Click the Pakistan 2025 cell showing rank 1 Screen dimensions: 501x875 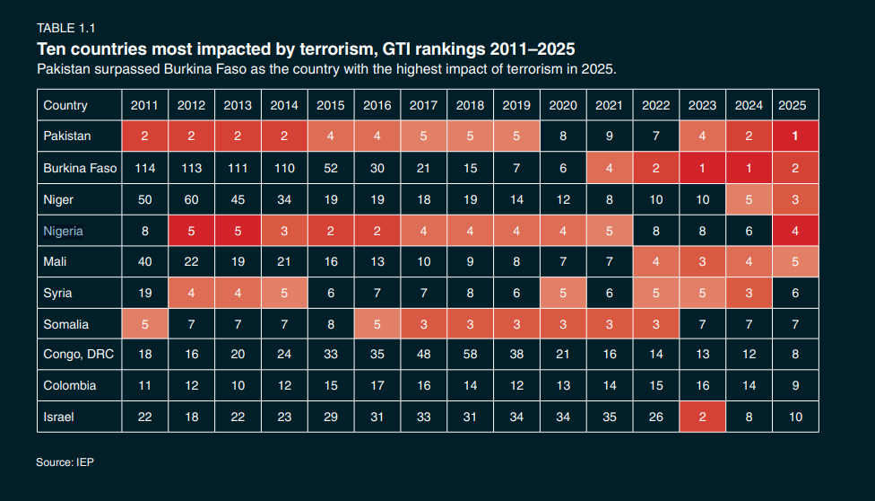point(793,136)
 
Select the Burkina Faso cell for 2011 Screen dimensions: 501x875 point(144,168)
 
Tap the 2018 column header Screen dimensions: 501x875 point(470,105)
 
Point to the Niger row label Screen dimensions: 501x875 point(58,199)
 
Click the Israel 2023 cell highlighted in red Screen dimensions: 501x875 point(702,417)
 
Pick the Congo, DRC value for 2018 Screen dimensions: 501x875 point(470,355)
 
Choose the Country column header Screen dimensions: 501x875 point(65,105)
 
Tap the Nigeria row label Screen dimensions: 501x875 point(63,231)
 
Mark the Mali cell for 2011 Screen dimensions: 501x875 point(144,261)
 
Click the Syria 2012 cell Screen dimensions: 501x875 point(191,293)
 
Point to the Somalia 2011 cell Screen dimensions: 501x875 point(144,323)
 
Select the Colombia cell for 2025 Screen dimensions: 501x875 point(793,385)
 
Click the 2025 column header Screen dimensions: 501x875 point(793,105)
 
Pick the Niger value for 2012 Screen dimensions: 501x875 point(191,199)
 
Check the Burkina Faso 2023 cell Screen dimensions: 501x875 point(702,168)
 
